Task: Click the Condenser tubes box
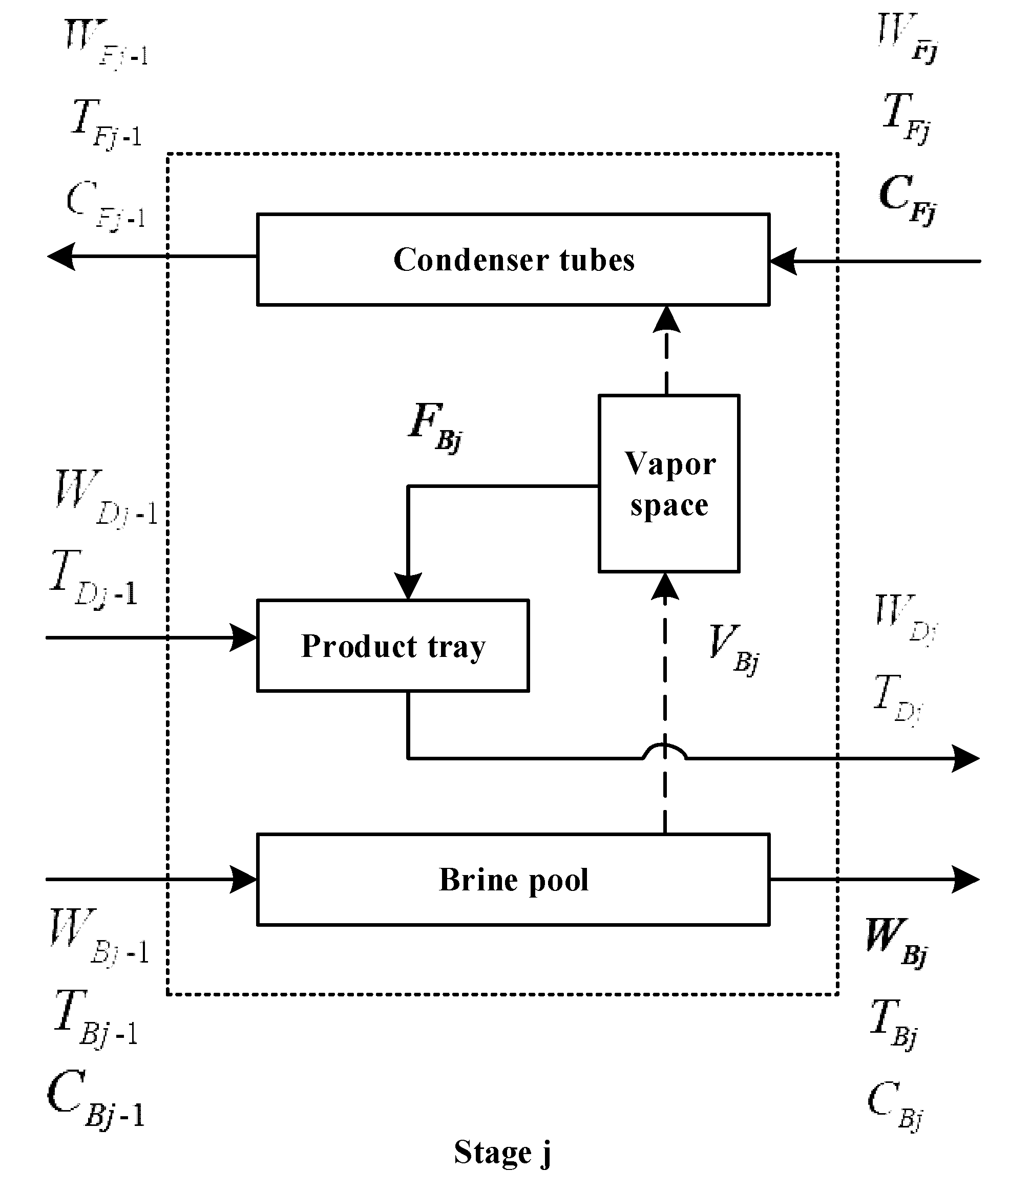tap(513, 260)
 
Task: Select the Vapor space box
tap(669, 483)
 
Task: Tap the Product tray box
tap(393, 646)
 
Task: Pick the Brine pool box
tap(513, 880)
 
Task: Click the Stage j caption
tap(503, 1153)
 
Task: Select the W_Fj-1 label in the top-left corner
tap(106, 43)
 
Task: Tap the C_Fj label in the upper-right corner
tap(907, 199)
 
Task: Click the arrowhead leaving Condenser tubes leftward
tap(62, 256)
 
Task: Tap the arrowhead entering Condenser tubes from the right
tap(783, 261)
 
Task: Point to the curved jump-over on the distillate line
tap(664, 750)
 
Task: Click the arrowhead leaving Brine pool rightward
tap(965, 880)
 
